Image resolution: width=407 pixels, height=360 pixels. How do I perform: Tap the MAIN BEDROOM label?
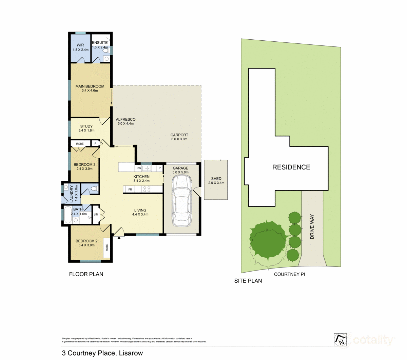pos(90,86)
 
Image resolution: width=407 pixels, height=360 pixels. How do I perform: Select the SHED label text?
pos(216,179)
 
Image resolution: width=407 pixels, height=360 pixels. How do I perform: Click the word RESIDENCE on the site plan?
pos(291,167)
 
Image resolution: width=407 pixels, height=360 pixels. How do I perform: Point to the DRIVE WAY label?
pos(312,227)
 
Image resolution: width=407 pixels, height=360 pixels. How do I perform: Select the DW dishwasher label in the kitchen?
pos(138,168)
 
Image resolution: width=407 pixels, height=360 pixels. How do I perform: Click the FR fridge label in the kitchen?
pos(130,189)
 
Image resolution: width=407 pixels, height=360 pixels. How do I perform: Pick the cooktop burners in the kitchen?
pos(147,189)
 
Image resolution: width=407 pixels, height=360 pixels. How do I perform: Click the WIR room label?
pos(80,45)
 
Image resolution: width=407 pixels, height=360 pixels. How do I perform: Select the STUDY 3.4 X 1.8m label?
pos(86,128)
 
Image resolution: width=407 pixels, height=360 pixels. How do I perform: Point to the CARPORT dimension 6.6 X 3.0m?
pos(179,139)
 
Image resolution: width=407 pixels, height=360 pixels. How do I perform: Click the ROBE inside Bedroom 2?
pos(106,247)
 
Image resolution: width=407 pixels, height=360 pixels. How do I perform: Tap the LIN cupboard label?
pos(96,215)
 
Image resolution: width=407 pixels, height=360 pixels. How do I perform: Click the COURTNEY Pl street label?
pos(289,274)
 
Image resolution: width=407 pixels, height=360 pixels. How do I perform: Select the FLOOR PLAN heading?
pos(86,274)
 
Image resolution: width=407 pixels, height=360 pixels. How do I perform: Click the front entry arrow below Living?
pos(119,238)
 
